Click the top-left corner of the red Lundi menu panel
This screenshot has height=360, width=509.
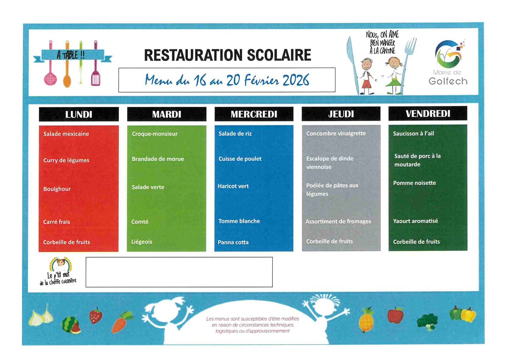[39, 126]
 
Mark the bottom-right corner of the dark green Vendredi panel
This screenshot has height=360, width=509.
[467, 251]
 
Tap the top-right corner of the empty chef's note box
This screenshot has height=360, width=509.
[272, 257]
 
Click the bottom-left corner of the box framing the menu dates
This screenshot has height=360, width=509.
[119, 92]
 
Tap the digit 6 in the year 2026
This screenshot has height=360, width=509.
[306, 80]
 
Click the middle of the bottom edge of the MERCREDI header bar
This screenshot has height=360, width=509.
[254, 121]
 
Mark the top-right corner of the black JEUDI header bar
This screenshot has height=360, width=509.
[380, 107]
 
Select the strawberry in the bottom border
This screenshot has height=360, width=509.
[96, 315]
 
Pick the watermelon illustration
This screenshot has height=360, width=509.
[71, 325]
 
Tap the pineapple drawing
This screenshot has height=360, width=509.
[366, 320]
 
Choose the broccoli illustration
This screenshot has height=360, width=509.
[428, 322]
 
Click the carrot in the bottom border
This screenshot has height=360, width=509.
[122, 322]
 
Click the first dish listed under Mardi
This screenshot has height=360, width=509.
[154, 134]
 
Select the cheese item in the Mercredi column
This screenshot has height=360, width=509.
[239, 221]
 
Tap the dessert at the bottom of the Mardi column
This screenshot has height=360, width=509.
[142, 242]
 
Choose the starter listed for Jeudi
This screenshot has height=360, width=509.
[336, 133]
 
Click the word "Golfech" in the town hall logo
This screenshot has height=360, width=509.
[448, 81]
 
